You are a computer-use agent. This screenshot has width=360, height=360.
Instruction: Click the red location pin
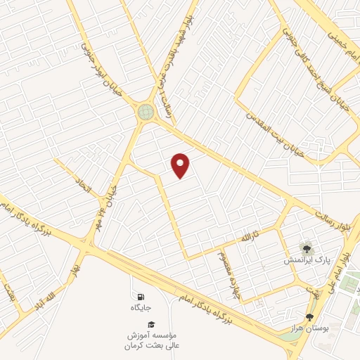[x=181, y=165]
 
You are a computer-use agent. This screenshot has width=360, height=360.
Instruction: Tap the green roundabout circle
[x=146, y=111]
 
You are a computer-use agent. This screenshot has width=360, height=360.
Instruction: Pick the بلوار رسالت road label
[x=333, y=212]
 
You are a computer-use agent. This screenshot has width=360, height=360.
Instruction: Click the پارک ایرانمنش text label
[x=307, y=260]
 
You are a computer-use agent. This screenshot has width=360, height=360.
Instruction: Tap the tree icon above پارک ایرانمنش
[x=306, y=247]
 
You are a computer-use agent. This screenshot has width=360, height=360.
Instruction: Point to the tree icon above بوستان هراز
[x=309, y=317]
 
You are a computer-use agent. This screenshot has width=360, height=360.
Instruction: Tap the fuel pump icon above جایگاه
[x=141, y=296]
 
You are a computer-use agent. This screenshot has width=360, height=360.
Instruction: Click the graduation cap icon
[x=151, y=322]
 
